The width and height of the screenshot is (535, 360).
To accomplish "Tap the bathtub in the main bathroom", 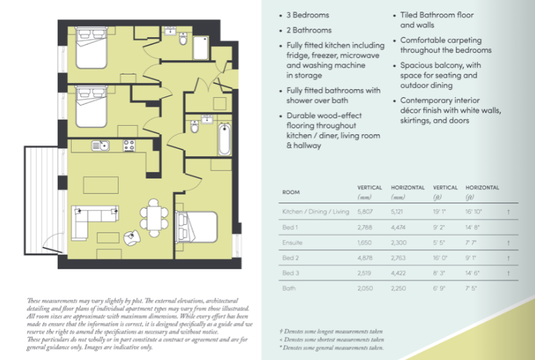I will [224, 139].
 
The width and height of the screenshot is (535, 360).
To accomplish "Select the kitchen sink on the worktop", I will [99, 146].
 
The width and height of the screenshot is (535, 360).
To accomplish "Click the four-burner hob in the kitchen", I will [129, 146].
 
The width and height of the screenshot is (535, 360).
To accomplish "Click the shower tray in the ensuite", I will [200, 48].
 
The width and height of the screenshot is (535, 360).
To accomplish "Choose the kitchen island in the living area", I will [100, 184].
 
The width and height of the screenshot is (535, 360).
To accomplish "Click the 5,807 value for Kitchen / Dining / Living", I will [365, 211].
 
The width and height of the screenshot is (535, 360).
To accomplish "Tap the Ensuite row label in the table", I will [292, 241].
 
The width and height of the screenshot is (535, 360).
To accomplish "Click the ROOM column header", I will [290, 192].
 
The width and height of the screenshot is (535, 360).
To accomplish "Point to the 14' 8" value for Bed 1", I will [473, 226].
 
